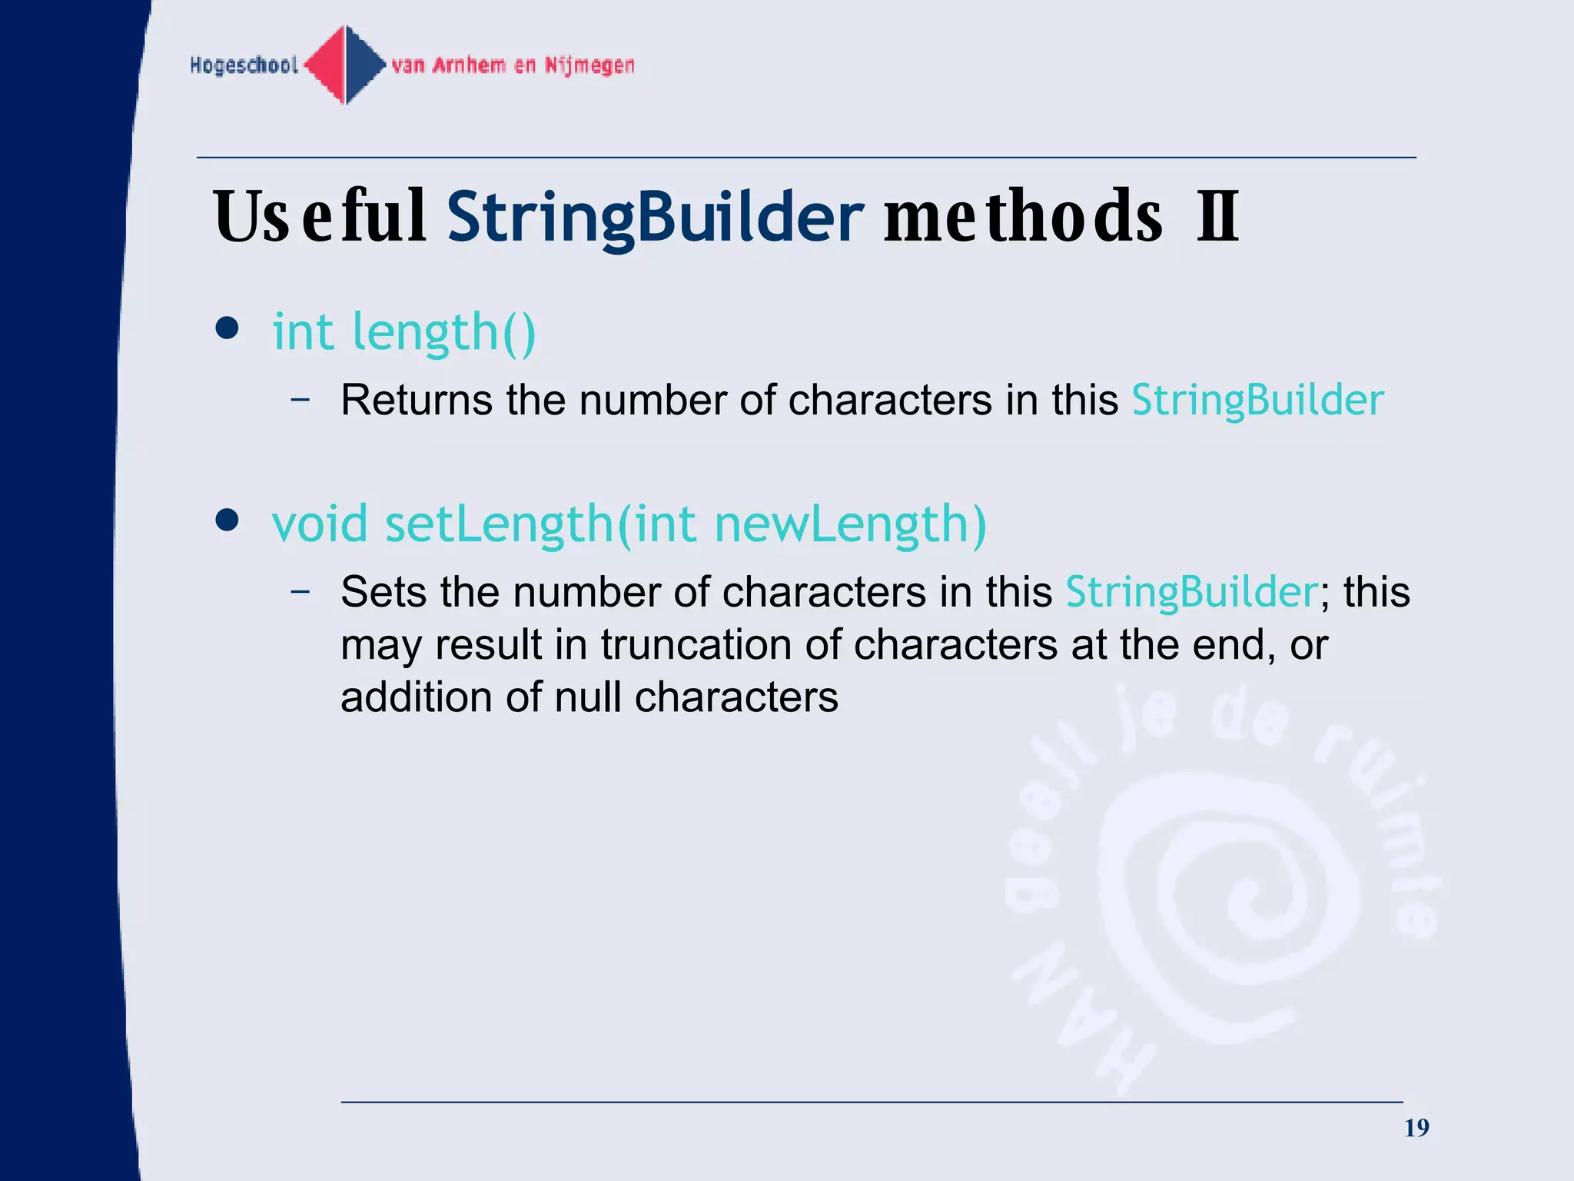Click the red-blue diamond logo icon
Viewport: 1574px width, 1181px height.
(x=346, y=65)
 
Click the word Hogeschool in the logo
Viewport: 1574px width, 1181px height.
(x=244, y=65)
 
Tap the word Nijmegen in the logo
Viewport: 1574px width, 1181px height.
(x=589, y=65)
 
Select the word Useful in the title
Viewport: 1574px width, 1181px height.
(x=320, y=217)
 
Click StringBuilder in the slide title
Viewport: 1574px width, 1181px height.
(x=655, y=217)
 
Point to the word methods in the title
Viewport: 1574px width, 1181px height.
(x=1023, y=217)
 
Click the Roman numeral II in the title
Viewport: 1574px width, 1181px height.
(x=1217, y=217)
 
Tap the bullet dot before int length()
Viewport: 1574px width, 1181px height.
(x=227, y=329)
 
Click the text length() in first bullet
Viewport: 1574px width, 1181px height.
(x=443, y=333)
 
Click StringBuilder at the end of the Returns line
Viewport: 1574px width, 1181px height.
(x=1257, y=401)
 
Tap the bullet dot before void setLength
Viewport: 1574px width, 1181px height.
(x=227, y=521)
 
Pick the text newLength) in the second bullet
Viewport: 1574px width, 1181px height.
(x=850, y=524)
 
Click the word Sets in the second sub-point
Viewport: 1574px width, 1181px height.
(x=384, y=592)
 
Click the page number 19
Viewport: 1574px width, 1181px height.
(x=1416, y=1128)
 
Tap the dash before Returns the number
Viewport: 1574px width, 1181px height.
(x=301, y=400)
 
